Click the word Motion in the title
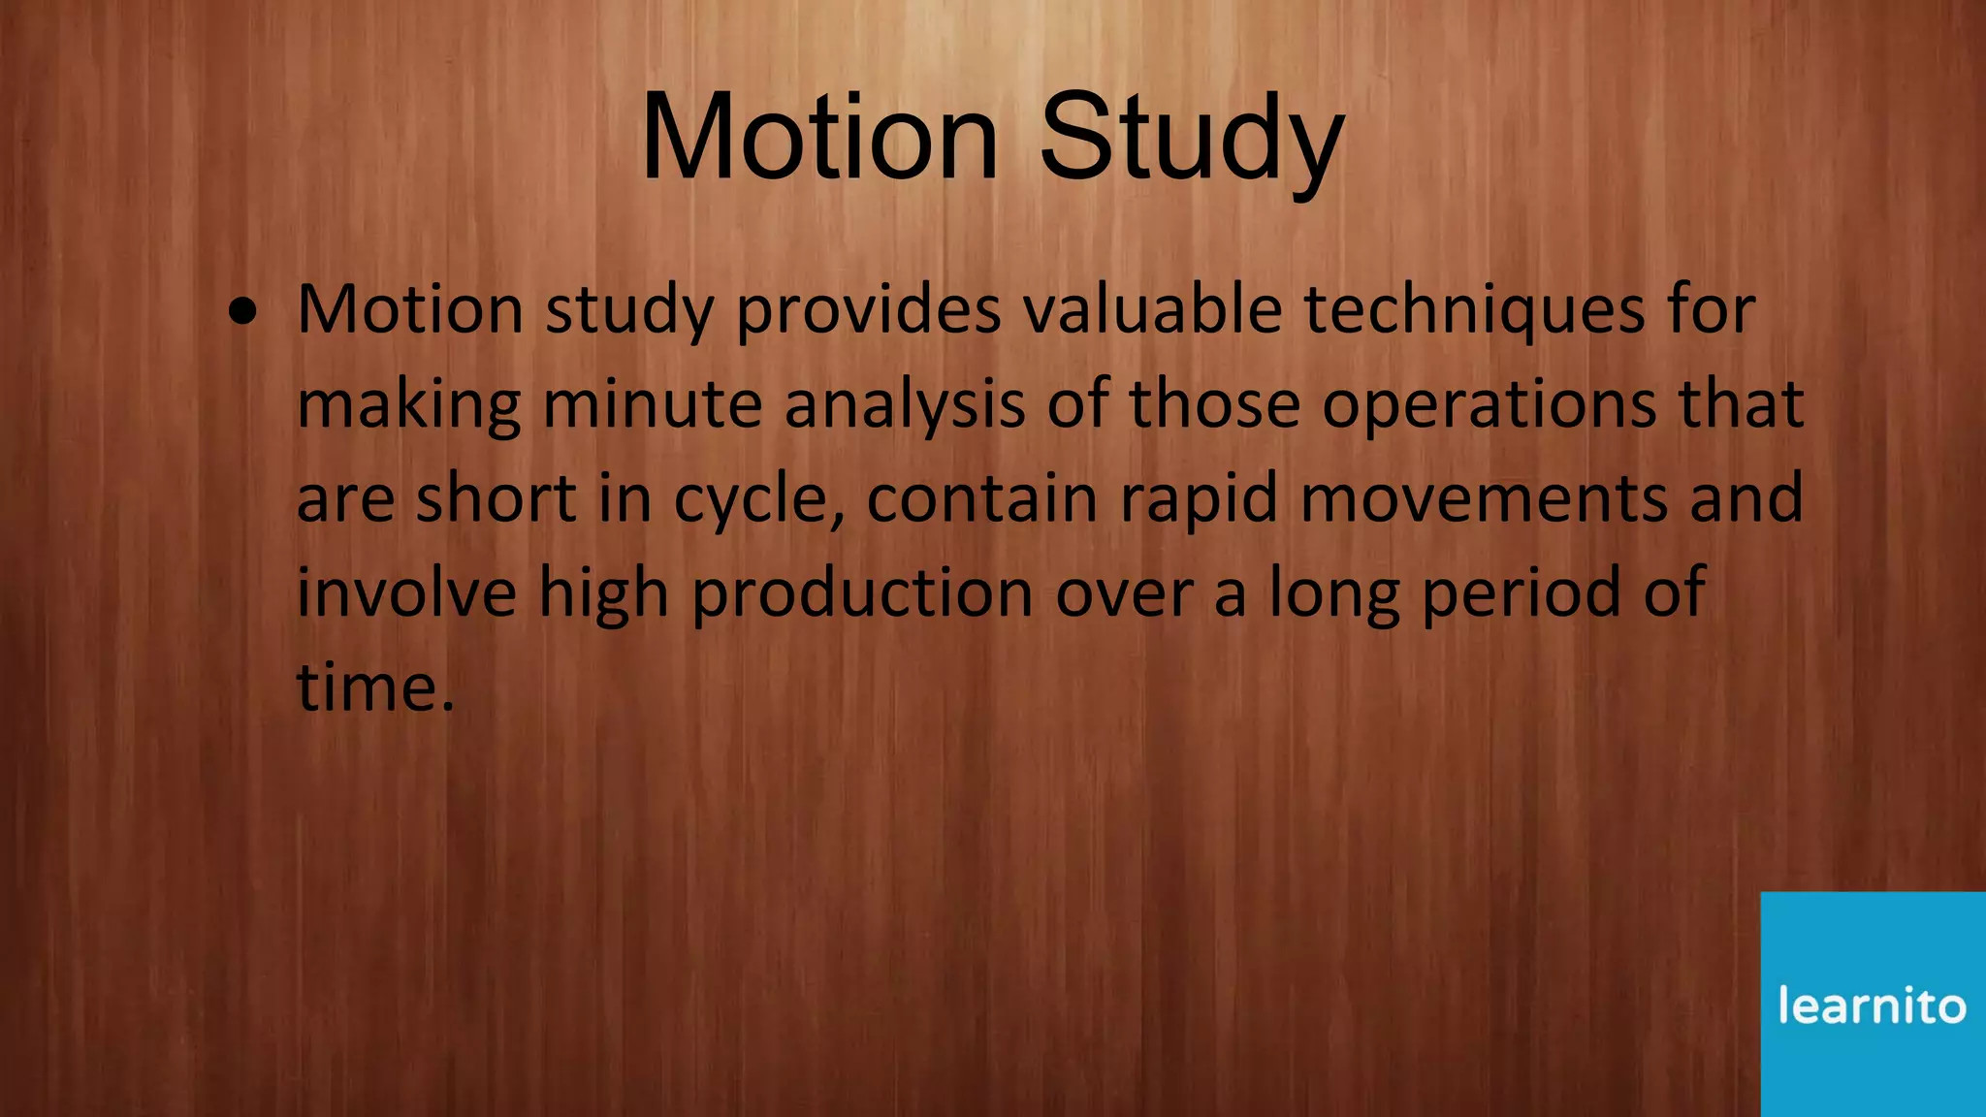coord(819,138)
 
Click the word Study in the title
coord(1192,138)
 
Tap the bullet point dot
coord(243,312)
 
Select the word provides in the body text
coord(868,311)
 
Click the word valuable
coord(1152,311)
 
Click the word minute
coord(652,405)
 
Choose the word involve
coord(406,593)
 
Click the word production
coord(862,593)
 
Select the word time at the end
coord(367,687)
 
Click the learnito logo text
coord(1872,1005)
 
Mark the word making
coord(408,405)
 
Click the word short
coord(496,499)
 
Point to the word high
coord(603,593)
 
